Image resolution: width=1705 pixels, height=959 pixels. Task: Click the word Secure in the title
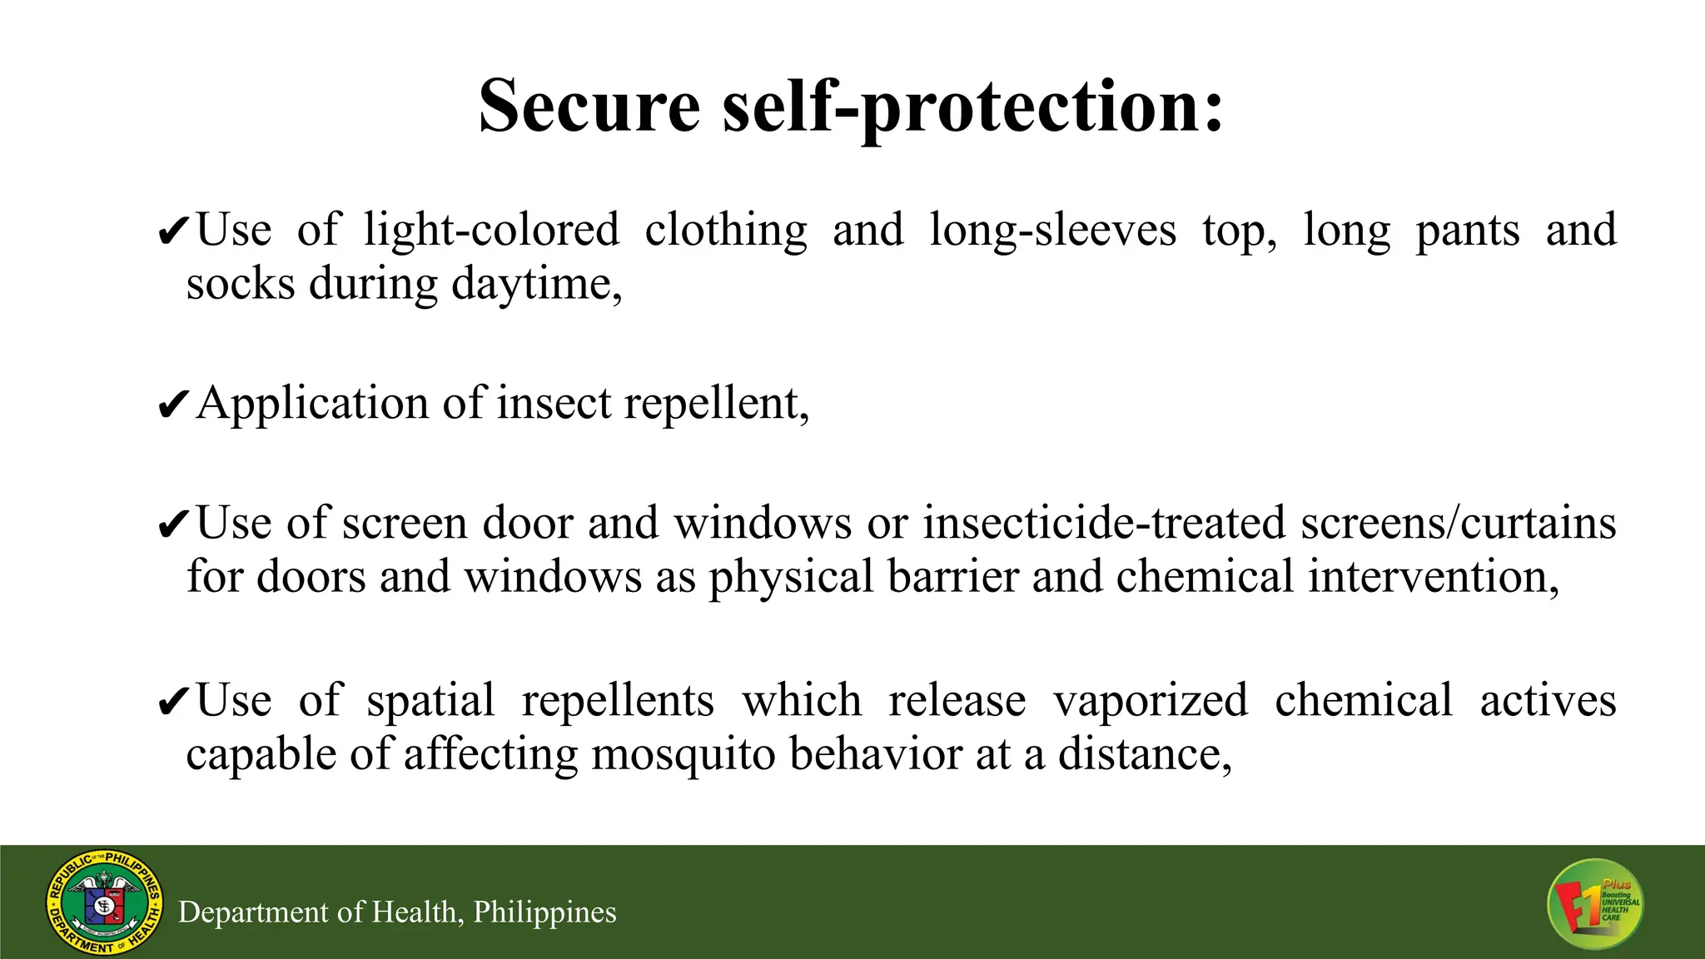[x=589, y=106]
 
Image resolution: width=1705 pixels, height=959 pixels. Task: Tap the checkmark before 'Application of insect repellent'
[x=173, y=405]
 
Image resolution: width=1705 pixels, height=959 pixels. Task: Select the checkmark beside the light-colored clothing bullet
[x=173, y=232]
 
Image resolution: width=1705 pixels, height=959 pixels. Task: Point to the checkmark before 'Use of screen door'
[x=173, y=525]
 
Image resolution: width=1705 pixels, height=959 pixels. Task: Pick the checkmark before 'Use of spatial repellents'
[x=173, y=703]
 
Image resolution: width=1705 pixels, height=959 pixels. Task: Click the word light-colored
[x=491, y=231]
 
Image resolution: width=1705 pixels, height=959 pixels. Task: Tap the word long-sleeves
[x=1052, y=231]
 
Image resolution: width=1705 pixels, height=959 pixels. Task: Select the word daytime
[x=536, y=285]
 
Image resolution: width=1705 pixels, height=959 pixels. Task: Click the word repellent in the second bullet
[x=715, y=405]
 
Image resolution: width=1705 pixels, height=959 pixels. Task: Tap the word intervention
[x=1433, y=577]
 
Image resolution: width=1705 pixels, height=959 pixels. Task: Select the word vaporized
[x=1151, y=701]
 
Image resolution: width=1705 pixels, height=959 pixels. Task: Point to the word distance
[x=1144, y=754]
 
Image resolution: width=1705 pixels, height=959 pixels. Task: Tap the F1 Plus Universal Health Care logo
[x=1595, y=904]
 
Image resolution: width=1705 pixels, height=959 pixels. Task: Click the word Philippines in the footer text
[x=544, y=912]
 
